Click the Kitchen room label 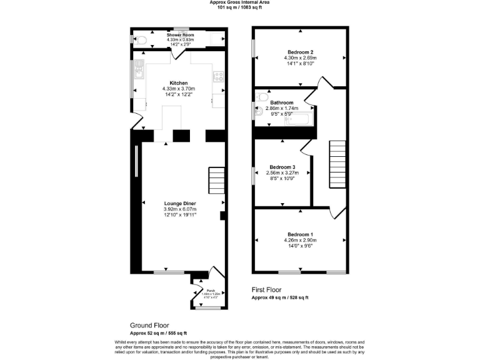179,82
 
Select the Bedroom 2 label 299,52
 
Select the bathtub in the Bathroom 299,119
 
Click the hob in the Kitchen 219,77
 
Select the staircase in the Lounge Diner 216,182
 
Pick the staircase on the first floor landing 337,163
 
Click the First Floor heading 266,290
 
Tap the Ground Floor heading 148,326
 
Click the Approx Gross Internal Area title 239,2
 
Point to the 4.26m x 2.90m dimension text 300,240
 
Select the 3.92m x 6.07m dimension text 180,209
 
